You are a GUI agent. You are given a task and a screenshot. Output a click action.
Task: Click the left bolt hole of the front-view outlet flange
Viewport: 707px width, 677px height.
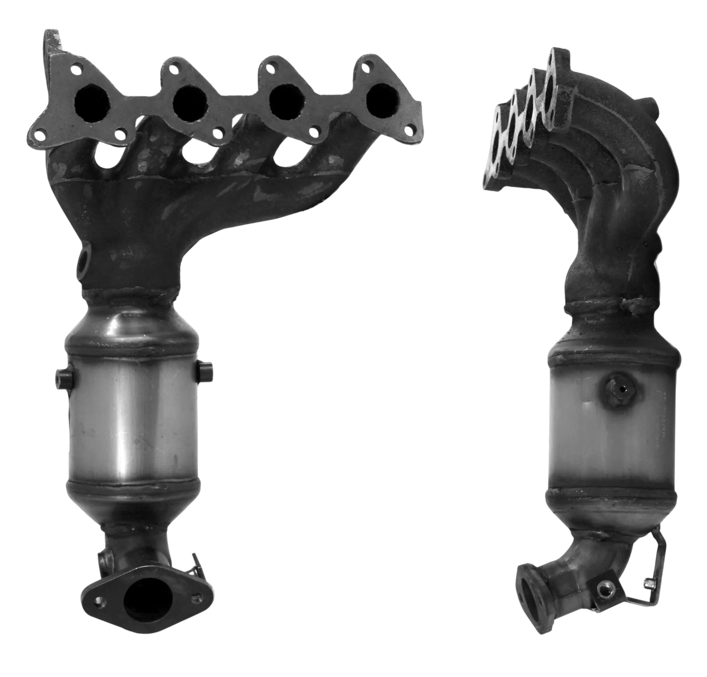pos(100,600)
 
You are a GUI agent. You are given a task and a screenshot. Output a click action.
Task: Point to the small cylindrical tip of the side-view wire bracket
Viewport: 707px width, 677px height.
pos(650,583)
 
